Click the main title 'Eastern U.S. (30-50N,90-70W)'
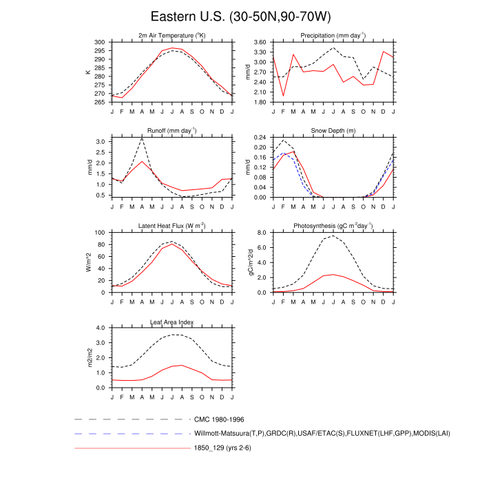point(241,16)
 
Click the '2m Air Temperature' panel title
point(173,35)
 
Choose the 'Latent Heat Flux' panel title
point(173,225)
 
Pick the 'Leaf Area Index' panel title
point(173,321)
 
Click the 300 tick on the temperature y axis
point(101,42)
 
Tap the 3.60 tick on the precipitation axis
point(260,42)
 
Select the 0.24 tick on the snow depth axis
point(260,138)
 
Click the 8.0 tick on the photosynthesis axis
point(262,233)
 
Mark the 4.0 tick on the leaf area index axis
point(101,328)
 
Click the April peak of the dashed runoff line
point(142,138)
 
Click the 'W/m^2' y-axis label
point(88,262)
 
